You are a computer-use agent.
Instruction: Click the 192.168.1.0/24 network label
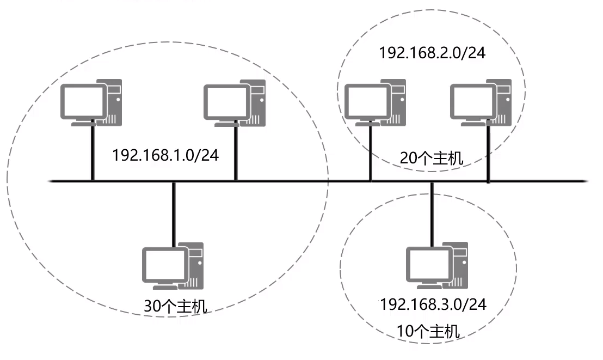point(165,155)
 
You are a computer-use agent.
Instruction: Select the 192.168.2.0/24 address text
point(432,53)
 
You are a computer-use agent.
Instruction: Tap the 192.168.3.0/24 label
point(433,303)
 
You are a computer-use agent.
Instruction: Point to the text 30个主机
point(175,307)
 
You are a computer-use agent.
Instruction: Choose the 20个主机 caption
point(432,158)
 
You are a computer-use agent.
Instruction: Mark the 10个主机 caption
point(428,331)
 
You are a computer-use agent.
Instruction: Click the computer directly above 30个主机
point(173,266)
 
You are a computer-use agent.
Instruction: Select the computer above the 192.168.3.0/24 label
point(438,265)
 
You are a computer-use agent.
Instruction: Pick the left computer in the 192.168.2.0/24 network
point(376,103)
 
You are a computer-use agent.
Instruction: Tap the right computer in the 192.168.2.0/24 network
point(482,103)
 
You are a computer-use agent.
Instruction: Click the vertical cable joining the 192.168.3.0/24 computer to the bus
point(432,212)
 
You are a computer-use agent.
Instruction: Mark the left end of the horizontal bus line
point(51,180)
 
